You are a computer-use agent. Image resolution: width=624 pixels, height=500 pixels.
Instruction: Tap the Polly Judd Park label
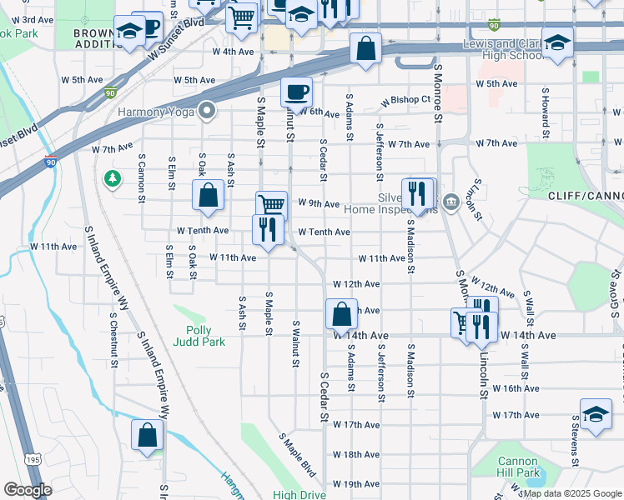pyautogui.click(x=200, y=336)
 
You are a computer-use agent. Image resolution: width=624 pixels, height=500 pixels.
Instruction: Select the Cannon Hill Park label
pyautogui.click(x=519, y=467)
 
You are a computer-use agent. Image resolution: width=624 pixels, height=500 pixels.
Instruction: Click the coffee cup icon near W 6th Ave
pyautogui.click(x=295, y=92)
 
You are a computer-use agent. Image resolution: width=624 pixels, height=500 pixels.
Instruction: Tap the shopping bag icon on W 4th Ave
pyautogui.click(x=365, y=48)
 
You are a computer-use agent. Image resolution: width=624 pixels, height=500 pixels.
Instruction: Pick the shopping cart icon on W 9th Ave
pyautogui.click(x=270, y=205)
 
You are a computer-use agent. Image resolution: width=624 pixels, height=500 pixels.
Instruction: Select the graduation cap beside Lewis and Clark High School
pyautogui.click(x=557, y=42)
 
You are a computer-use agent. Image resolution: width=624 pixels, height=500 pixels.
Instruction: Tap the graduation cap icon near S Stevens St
pyautogui.click(x=596, y=415)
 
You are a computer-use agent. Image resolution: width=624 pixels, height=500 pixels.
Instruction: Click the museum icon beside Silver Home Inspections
pyautogui.click(x=451, y=201)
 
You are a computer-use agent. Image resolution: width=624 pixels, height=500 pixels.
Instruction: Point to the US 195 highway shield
pyautogui.click(x=33, y=460)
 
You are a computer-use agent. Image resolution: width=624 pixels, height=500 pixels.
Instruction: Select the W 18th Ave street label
pyautogui.click(x=356, y=455)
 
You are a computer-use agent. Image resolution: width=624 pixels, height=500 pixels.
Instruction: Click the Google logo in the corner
pyautogui.click(x=28, y=490)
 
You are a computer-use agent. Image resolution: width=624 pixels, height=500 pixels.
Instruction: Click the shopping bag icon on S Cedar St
pyautogui.click(x=341, y=316)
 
